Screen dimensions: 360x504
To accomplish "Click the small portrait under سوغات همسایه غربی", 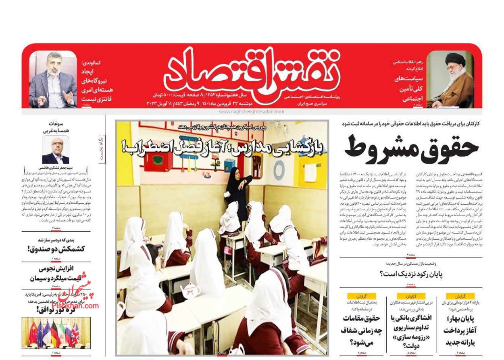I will click(56, 150).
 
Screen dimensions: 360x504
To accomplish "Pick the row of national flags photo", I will click(56, 333).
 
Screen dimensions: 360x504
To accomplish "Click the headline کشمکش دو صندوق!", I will click(56, 249).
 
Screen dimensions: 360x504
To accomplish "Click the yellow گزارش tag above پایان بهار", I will click(460, 295).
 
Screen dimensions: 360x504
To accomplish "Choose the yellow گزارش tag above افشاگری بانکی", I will click(411, 295).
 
